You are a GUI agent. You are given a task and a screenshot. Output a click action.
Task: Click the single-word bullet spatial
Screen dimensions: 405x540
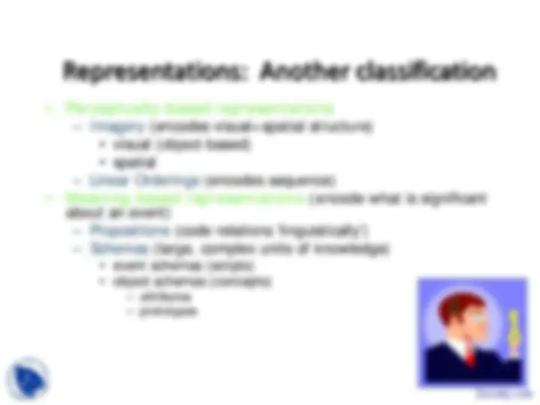(x=124, y=162)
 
